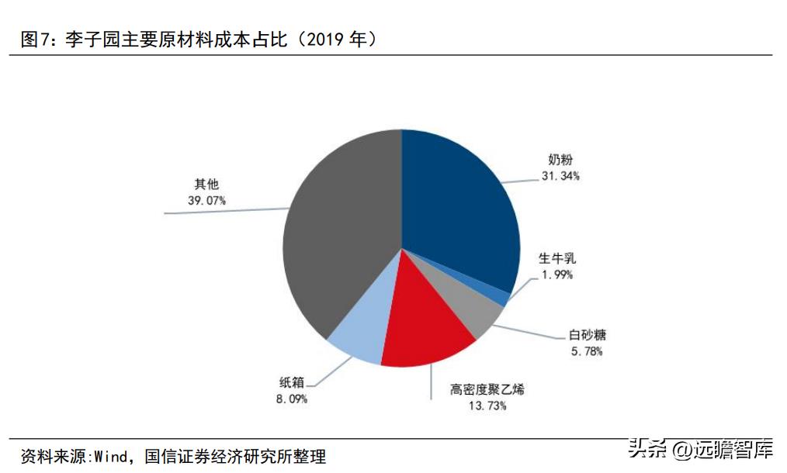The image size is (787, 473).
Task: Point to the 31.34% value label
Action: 560,176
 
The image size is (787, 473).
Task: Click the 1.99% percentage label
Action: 557,274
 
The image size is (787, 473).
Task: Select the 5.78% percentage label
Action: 586,351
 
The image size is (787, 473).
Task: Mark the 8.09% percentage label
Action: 292,399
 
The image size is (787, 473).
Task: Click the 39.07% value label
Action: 206,200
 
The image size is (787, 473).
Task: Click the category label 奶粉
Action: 560,161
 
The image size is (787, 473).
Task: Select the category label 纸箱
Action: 292,382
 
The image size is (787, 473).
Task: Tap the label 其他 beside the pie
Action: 206,185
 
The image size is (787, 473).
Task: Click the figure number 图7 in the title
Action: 35,40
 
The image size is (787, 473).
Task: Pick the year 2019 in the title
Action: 328,40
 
